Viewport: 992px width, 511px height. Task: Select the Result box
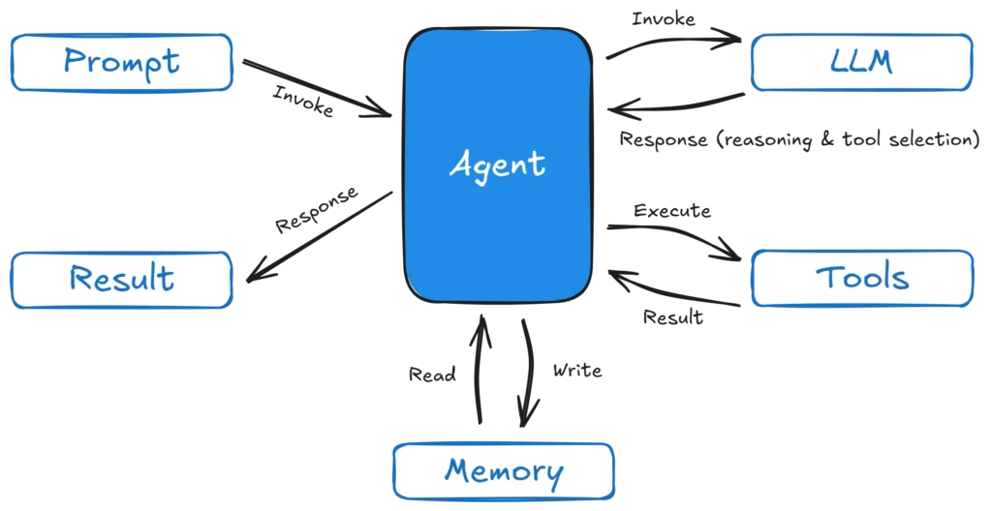pyautogui.click(x=122, y=279)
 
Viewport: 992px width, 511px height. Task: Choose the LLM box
pyautogui.click(x=861, y=63)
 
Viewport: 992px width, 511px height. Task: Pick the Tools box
pyautogui.click(x=861, y=279)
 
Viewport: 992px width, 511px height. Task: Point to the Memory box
pyautogui.click(x=503, y=471)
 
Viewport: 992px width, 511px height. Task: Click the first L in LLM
pyautogui.click(x=840, y=63)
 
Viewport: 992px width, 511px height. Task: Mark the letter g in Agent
pyautogui.click(x=484, y=167)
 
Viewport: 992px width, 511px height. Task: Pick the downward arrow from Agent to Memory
pyautogui.click(x=526, y=373)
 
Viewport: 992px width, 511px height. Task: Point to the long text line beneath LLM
pyautogui.click(x=798, y=137)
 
